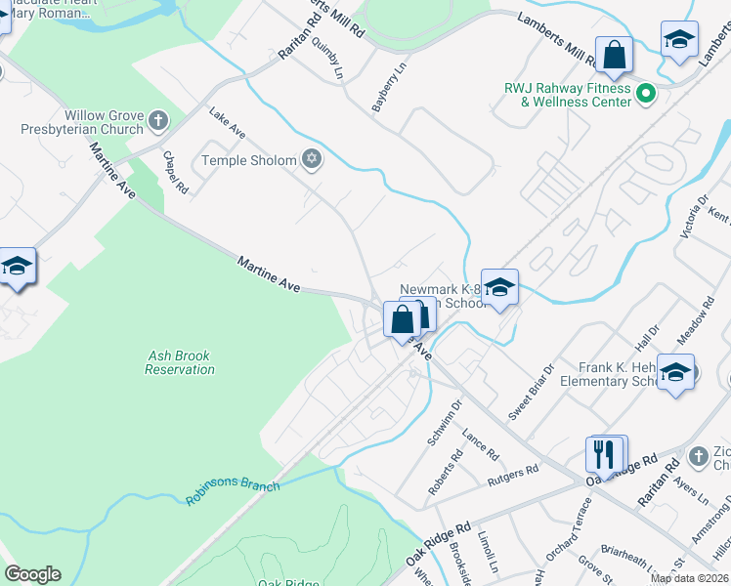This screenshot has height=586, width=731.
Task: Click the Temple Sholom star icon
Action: click(x=312, y=159)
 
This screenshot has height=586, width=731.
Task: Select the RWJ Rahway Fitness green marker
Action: click(x=645, y=94)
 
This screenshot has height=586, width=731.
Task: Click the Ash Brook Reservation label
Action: click(x=180, y=363)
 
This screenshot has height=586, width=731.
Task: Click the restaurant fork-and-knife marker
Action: click(x=605, y=454)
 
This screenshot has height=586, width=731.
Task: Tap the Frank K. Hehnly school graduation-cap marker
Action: click(x=675, y=373)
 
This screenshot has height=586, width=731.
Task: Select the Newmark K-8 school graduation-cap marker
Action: click(x=499, y=288)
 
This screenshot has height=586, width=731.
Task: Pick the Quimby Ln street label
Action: click(x=327, y=59)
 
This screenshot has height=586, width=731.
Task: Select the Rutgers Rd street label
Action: click(x=513, y=476)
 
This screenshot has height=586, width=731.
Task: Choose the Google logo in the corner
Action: click(x=32, y=574)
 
